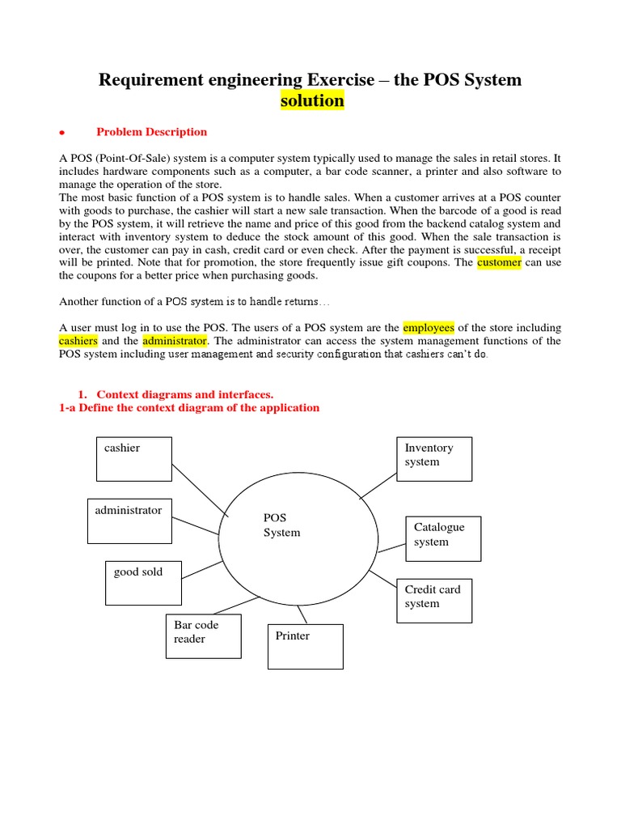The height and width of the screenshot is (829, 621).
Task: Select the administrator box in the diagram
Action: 129,521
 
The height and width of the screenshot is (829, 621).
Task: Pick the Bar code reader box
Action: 203,636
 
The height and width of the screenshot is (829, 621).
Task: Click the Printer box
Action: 305,646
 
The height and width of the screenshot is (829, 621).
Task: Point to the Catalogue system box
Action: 443,538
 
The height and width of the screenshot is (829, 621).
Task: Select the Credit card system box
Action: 433,600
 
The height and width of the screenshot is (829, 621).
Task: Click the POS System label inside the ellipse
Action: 281,525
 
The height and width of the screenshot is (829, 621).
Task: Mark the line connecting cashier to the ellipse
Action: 199,488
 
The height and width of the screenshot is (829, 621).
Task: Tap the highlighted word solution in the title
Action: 312,101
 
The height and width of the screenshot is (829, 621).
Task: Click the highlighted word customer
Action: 499,263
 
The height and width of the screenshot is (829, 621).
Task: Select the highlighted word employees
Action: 429,328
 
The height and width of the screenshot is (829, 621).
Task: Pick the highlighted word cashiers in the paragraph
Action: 78,341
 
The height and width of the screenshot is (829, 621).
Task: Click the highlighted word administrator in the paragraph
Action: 175,341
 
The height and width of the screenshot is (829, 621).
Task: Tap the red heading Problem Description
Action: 151,132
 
